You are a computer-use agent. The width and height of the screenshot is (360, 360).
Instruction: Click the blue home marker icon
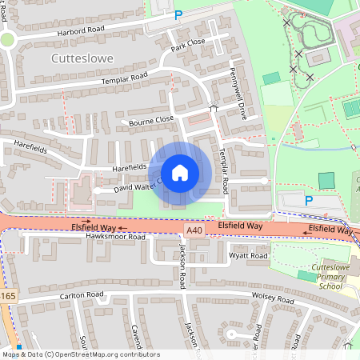[180, 172]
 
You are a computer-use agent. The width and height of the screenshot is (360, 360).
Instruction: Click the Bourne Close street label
[151, 122]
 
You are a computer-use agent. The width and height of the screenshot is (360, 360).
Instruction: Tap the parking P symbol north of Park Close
[178, 14]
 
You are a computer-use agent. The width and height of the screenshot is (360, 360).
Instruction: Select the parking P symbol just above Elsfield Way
[308, 201]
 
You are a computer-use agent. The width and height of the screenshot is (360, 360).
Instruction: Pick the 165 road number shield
[7, 296]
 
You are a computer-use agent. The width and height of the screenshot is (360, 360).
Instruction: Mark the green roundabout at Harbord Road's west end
[7, 39]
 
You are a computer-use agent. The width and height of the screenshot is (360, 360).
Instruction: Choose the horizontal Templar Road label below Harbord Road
[124, 81]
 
